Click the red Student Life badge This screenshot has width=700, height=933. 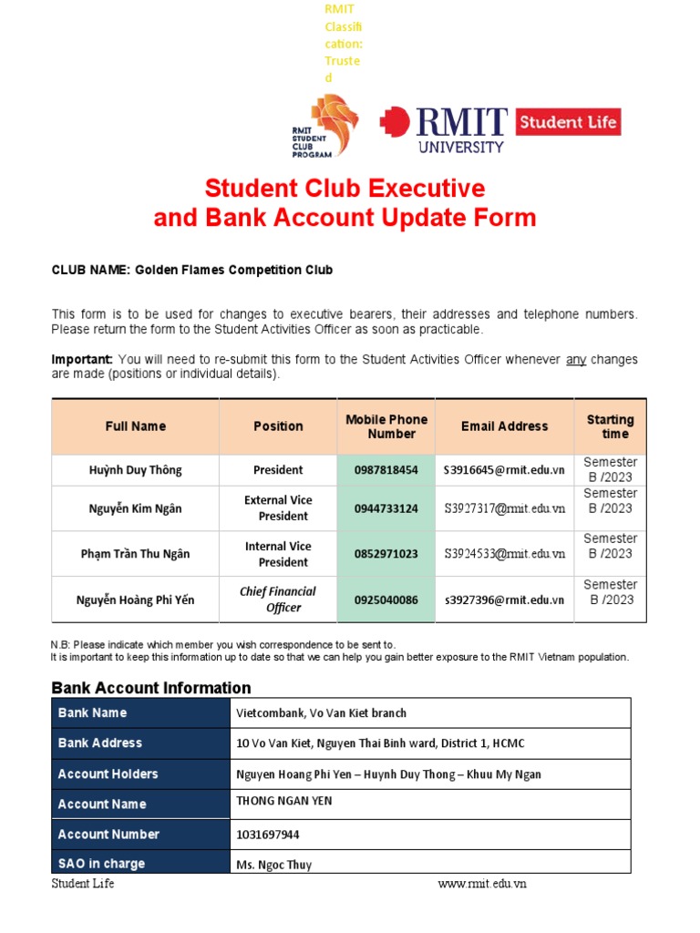point(568,122)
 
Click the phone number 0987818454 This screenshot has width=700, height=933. point(386,470)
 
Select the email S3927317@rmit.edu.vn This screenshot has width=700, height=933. point(504,508)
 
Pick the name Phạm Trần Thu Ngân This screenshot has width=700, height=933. point(135,554)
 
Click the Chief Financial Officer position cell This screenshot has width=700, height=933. point(278,600)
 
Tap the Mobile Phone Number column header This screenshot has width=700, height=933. point(386,426)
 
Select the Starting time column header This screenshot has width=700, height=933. point(610,426)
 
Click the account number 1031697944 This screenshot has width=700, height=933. point(267,835)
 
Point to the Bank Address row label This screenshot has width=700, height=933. point(100,743)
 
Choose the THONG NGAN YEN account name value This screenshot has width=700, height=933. point(283,801)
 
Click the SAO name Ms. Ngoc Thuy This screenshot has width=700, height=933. point(273,864)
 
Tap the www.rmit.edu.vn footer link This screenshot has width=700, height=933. point(481,884)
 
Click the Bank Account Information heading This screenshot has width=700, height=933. point(150,688)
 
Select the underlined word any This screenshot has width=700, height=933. point(576,360)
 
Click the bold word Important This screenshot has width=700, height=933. point(82,360)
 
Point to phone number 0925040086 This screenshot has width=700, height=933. point(386,600)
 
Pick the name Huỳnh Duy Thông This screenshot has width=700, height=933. point(135,470)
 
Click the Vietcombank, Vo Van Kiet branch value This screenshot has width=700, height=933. point(321,713)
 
